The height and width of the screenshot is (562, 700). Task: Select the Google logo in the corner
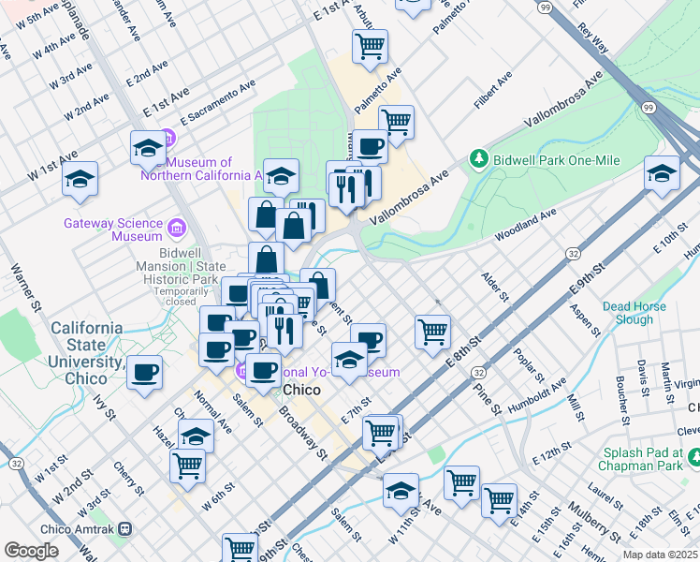point(31,551)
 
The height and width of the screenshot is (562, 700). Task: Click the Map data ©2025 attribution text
point(659,555)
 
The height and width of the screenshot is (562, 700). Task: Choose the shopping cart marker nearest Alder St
point(432,331)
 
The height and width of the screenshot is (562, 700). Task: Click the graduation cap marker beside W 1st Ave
point(80,178)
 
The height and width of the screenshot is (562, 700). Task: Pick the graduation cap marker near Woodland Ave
point(662,173)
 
